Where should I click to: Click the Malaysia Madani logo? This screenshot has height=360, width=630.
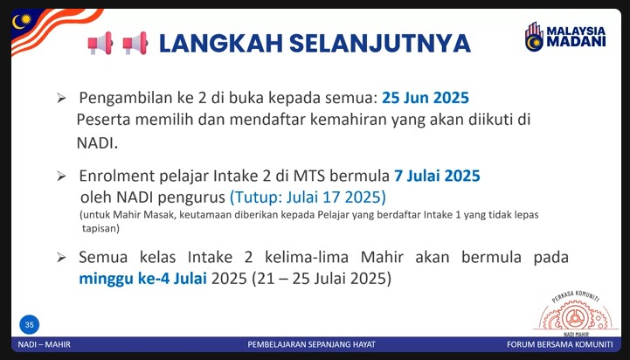click(565, 37)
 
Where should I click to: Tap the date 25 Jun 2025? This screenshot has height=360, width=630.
click(425, 98)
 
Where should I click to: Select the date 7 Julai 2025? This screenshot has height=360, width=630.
click(437, 176)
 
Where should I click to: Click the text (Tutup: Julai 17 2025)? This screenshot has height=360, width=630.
click(308, 197)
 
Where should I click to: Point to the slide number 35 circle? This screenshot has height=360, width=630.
click(30, 325)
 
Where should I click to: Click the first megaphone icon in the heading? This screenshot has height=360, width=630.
click(100, 43)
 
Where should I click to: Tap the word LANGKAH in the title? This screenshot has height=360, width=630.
click(221, 44)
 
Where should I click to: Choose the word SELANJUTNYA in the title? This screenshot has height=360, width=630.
click(380, 44)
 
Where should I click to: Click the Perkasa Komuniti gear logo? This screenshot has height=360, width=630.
click(576, 314)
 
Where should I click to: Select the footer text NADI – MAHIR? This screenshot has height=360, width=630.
click(45, 345)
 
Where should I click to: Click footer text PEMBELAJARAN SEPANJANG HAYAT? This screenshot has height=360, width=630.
click(311, 345)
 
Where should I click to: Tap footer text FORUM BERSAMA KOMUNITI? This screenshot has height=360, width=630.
click(560, 345)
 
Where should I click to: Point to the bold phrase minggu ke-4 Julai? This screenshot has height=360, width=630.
click(142, 279)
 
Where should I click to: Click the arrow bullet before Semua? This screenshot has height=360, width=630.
click(61, 258)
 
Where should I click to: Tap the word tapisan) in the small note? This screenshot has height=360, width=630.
click(100, 229)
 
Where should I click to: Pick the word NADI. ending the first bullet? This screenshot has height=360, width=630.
click(97, 143)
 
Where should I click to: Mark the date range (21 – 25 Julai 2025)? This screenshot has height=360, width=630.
click(322, 279)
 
